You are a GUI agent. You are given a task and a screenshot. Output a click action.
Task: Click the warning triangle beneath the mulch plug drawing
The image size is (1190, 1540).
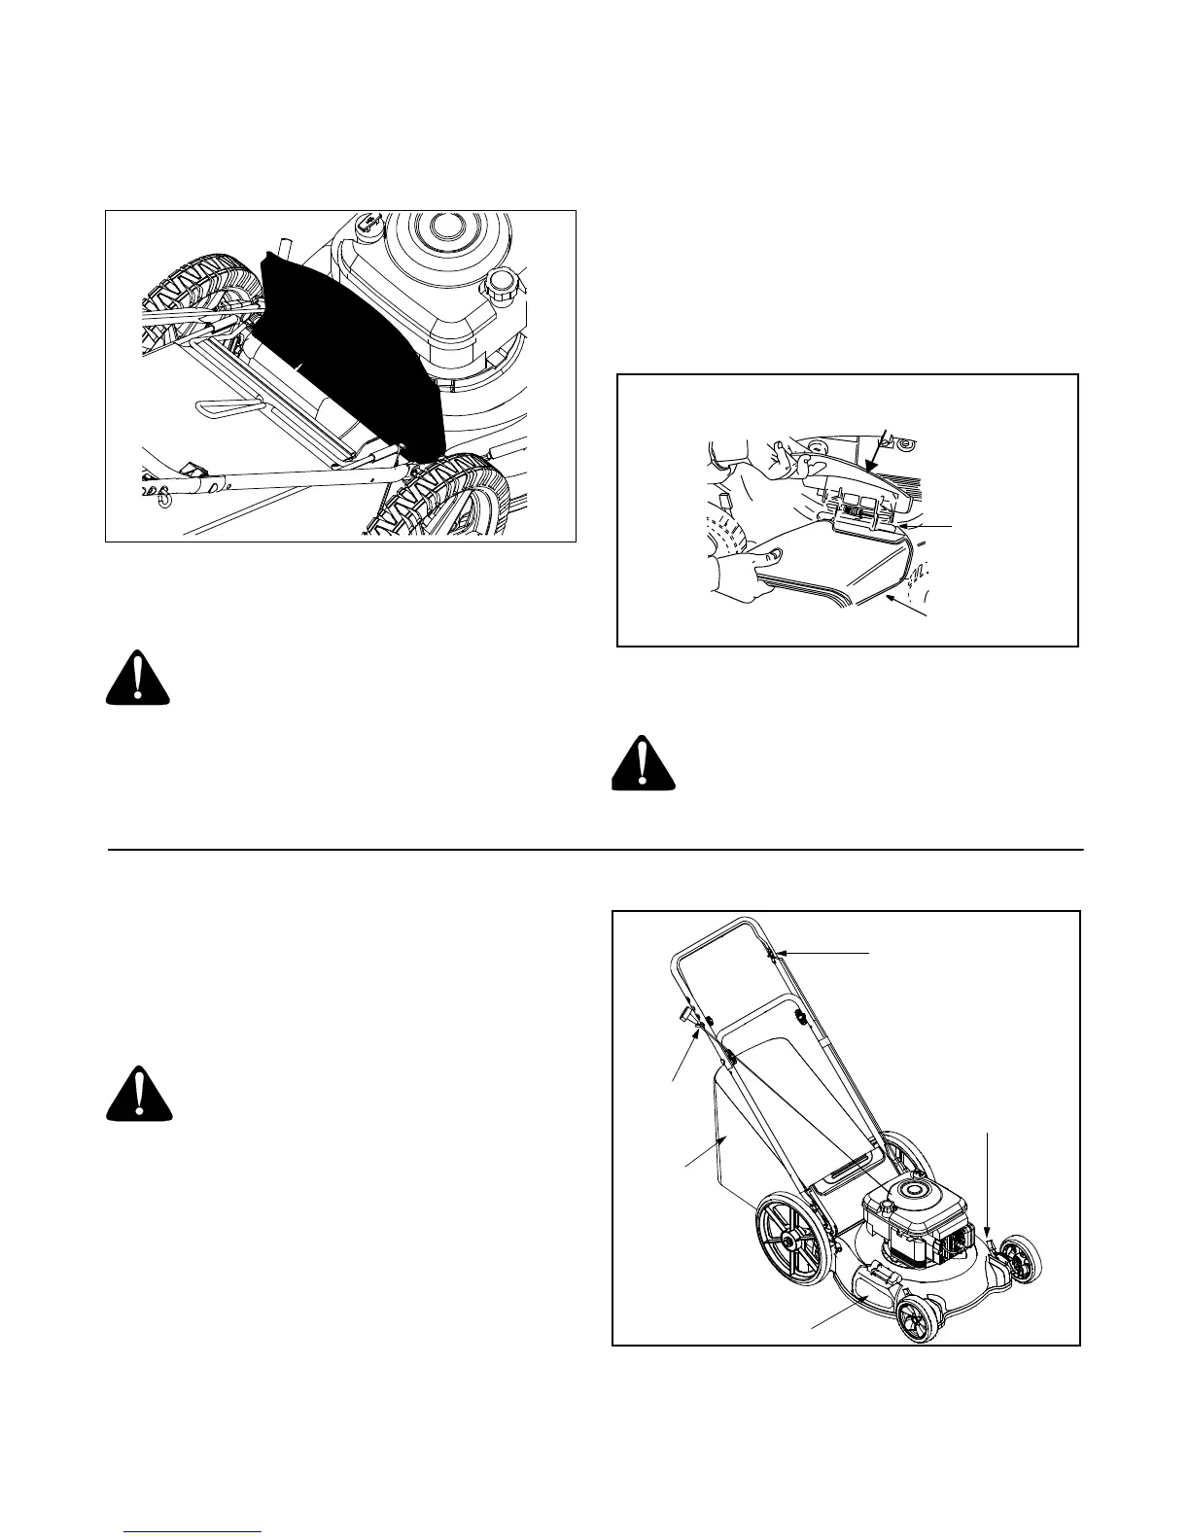(138, 678)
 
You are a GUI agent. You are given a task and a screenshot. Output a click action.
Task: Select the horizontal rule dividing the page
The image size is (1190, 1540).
(594, 850)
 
